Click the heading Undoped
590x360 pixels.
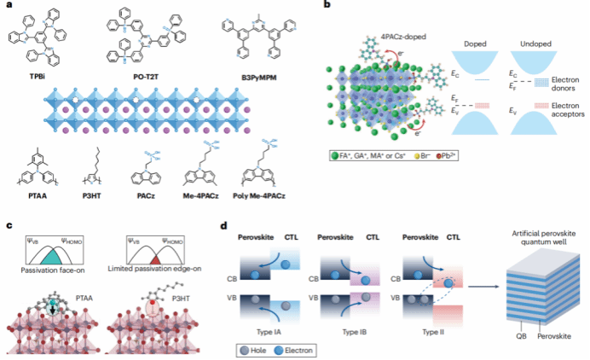point(535,41)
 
